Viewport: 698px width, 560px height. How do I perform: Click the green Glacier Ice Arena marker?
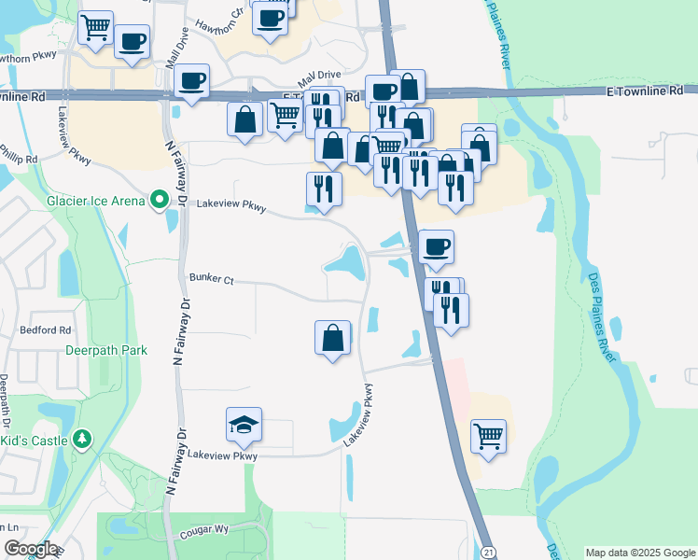pyautogui.click(x=160, y=199)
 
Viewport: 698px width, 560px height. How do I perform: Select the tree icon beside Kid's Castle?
pyautogui.click(x=82, y=438)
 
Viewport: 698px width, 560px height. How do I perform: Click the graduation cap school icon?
pyautogui.click(x=244, y=425)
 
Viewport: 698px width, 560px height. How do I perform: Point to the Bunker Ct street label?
pyautogui.click(x=210, y=277)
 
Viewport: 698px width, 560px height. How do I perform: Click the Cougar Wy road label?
pyautogui.click(x=203, y=528)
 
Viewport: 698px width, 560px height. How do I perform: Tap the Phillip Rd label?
pyautogui.click(x=19, y=153)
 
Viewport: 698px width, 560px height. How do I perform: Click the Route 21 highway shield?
pyautogui.click(x=489, y=553)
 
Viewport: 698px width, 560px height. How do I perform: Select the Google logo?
pyautogui.click(x=31, y=549)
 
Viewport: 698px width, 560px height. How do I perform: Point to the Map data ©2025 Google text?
pyautogui.click(x=639, y=553)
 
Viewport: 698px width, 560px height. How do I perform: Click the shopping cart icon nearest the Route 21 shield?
pyautogui.click(x=488, y=435)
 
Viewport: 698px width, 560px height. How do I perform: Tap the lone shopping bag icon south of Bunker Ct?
pyautogui.click(x=332, y=338)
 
